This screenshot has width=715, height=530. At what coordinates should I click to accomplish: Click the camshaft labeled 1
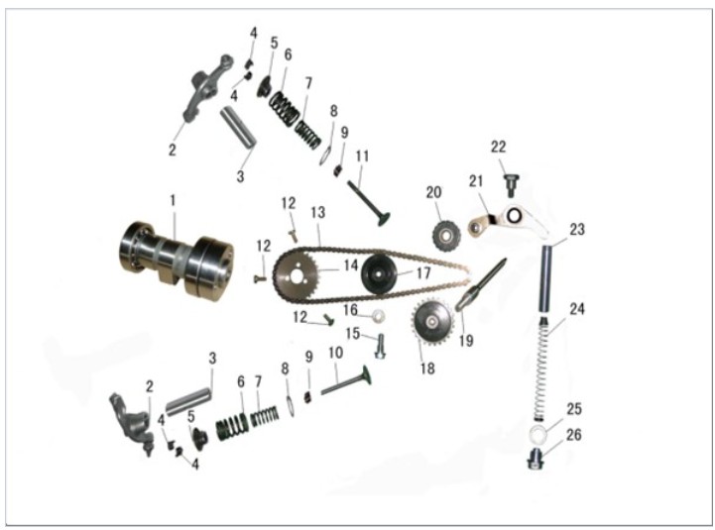coord(177,260)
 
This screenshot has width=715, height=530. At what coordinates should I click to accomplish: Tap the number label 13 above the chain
coord(317,212)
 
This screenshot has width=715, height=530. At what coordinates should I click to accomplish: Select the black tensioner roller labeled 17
coord(380,274)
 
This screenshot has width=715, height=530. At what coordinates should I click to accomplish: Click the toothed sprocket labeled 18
coord(432,322)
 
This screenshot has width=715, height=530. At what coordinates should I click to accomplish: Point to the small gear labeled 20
coord(446,235)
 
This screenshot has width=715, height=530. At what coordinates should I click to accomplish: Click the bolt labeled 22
coord(512,185)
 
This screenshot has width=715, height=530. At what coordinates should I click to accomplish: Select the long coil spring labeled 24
coord(542,370)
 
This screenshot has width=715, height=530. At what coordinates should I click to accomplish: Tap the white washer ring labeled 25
coord(539,434)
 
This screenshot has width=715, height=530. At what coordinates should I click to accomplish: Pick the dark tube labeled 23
coord(545,278)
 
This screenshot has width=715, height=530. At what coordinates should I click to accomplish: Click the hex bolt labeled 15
coord(380,346)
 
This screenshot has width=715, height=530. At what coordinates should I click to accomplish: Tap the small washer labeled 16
coord(378,315)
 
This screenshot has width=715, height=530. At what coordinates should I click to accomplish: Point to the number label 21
coord(476,181)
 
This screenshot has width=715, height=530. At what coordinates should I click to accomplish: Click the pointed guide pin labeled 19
coord(481,285)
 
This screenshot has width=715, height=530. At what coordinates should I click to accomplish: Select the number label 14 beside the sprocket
coord(350,265)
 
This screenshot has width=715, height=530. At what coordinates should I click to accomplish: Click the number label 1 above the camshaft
coord(173,200)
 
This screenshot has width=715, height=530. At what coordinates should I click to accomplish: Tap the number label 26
coord(573,435)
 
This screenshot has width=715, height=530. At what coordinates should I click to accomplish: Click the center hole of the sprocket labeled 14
coord(298,276)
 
